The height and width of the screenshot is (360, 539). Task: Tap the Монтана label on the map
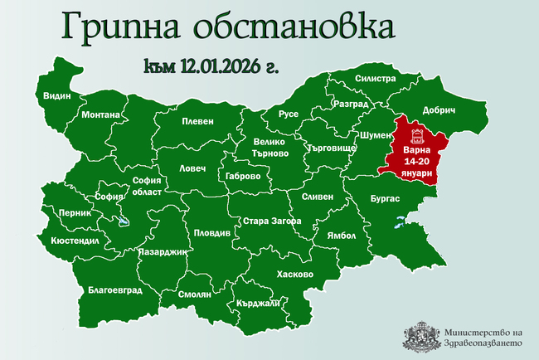(102, 114)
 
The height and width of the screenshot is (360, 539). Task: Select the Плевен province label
(198, 120)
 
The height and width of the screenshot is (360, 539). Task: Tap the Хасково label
(295, 274)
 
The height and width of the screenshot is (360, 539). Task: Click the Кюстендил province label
(75, 241)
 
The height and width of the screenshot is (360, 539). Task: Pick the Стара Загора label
(266, 221)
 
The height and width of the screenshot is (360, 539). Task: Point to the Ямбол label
(342, 235)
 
